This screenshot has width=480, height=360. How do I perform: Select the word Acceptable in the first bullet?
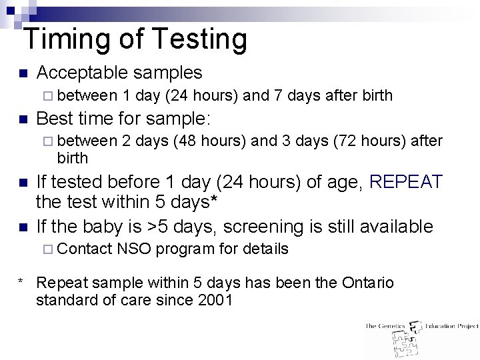(81, 73)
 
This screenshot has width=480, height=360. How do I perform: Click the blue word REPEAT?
(405, 181)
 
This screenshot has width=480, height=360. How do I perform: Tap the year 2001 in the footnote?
(215, 300)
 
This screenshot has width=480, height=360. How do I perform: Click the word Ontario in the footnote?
(367, 283)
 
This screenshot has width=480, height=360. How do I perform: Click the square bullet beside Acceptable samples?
(22, 73)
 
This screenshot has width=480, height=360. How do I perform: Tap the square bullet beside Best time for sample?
(22, 119)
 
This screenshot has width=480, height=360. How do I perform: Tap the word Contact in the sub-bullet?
(85, 249)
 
